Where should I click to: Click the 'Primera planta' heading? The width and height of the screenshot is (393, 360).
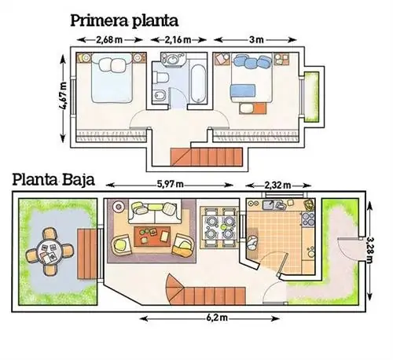click(x=124, y=20)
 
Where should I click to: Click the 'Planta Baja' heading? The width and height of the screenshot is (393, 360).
click(x=53, y=180)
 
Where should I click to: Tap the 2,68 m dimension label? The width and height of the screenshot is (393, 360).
click(x=109, y=40)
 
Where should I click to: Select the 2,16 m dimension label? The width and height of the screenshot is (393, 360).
click(x=178, y=40)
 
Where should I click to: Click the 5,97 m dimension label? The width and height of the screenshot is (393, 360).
click(x=170, y=185)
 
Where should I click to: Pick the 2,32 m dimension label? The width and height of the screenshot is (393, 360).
click(x=277, y=186)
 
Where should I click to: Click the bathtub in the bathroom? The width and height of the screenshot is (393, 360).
click(x=198, y=84)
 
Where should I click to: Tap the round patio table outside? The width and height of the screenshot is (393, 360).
click(x=49, y=252)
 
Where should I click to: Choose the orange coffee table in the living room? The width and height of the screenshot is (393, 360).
click(x=152, y=237)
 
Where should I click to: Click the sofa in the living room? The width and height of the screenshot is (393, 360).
click(x=155, y=211)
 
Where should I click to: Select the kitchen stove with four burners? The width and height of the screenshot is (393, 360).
click(x=308, y=219)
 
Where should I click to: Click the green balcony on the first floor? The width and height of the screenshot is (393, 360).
click(x=311, y=97)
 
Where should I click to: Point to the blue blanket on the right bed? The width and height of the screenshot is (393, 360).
click(x=243, y=90)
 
